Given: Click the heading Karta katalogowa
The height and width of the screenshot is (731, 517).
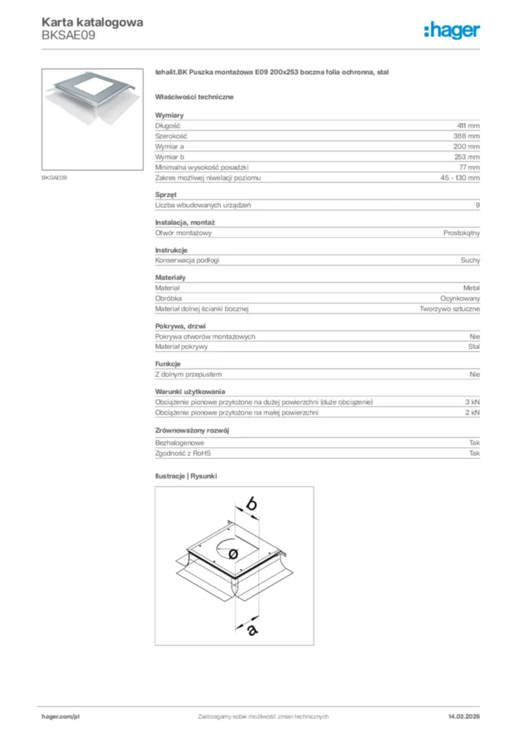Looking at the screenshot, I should (92, 22).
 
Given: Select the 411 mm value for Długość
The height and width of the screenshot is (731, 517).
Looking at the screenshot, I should (468, 125).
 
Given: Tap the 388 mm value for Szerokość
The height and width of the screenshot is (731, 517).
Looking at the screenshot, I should (467, 136).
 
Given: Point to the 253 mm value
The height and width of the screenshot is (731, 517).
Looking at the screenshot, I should (467, 156).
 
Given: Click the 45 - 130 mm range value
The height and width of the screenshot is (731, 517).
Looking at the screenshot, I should (461, 177).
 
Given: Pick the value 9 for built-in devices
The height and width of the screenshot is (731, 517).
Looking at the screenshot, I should (478, 205).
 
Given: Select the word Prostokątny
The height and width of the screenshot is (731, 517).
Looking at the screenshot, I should (461, 233).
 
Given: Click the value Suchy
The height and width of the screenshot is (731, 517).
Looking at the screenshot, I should (471, 261).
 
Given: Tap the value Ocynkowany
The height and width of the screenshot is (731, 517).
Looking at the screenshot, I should (460, 298).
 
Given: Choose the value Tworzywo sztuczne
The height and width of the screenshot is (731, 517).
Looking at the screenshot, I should (450, 309).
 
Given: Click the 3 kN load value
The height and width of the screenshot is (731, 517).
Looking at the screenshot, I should (472, 402).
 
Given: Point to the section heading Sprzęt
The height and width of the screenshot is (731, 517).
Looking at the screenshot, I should (166, 194).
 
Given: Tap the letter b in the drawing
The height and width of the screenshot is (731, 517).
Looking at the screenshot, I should (251, 503).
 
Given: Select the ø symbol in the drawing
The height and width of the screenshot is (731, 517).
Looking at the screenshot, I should (232, 553).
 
